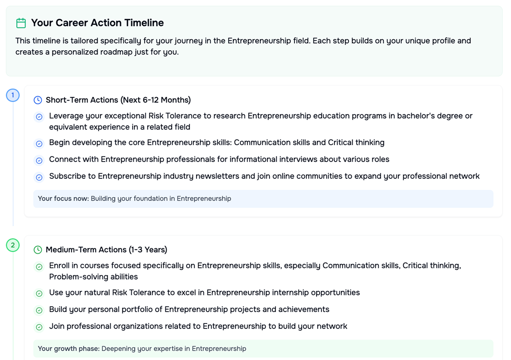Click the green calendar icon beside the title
[21, 23]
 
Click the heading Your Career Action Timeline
[97, 23]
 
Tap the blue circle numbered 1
[13, 95]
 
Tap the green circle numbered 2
[13, 245]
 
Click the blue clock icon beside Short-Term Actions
[38, 100]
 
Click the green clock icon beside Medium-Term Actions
[38, 250]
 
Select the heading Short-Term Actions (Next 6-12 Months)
[118, 100]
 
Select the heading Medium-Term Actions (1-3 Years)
[106, 250]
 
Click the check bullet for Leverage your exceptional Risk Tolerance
[39, 117]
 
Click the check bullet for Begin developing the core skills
[39, 144]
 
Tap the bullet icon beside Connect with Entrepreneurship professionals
[39, 160]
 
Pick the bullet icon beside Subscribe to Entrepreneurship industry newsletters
[39, 178]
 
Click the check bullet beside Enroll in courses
[39, 267]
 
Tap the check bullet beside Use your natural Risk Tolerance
[39, 293]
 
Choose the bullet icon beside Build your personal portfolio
[39, 310]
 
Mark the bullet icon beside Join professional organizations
[39, 327]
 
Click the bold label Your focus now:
[63, 198]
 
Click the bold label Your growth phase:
[69, 349]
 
